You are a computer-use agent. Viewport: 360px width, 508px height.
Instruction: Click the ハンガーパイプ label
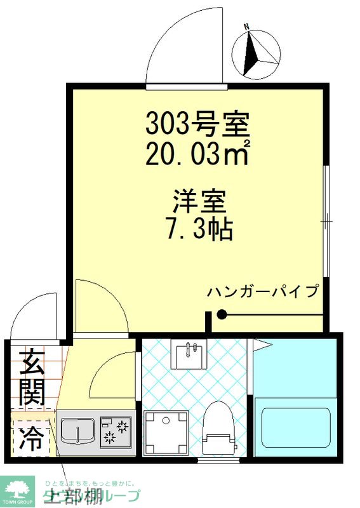coord(262,292)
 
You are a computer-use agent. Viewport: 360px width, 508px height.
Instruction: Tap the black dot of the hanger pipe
coord(221,314)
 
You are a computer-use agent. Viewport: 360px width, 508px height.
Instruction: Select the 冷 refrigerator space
coord(30,436)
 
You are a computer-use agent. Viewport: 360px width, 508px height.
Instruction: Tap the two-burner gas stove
coord(115,431)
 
